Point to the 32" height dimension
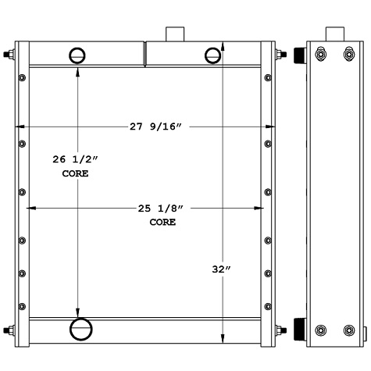(223, 269)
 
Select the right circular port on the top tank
(212, 55)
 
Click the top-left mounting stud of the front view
(9, 56)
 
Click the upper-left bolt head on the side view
(320, 55)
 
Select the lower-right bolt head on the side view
(348, 331)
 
